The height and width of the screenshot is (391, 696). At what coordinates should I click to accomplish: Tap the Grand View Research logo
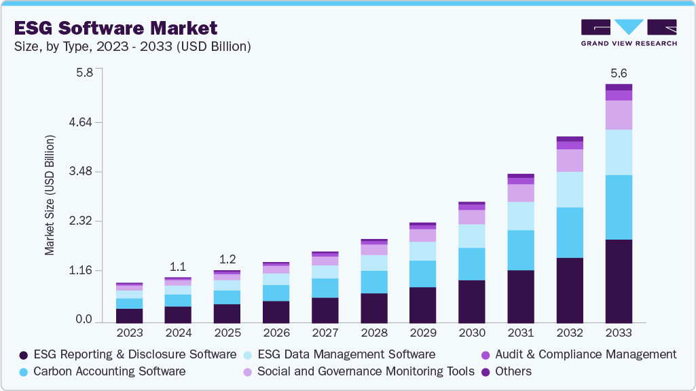[x=628, y=32]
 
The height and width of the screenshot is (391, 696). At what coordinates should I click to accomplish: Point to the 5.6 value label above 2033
[x=618, y=73]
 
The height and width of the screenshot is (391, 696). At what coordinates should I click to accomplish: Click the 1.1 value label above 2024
[x=178, y=266]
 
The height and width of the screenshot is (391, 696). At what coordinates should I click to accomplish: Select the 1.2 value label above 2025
[x=227, y=259]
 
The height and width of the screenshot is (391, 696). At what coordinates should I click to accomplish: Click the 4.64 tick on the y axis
[x=88, y=122]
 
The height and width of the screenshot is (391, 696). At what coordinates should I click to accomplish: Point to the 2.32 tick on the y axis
[x=88, y=221]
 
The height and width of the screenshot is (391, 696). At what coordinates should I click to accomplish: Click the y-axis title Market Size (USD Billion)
[x=50, y=195]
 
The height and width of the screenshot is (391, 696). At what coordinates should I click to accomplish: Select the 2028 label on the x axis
[x=373, y=333]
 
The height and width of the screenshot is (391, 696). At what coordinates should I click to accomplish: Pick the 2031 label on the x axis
[x=520, y=333]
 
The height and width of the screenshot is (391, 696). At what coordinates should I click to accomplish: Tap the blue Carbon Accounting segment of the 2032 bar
[x=569, y=232]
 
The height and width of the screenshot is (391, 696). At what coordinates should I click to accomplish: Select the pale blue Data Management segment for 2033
[x=618, y=152]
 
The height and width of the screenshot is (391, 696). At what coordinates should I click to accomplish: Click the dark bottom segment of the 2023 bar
[x=129, y=315]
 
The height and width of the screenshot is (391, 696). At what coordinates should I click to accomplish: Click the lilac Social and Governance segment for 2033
[x=618, y=115]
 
